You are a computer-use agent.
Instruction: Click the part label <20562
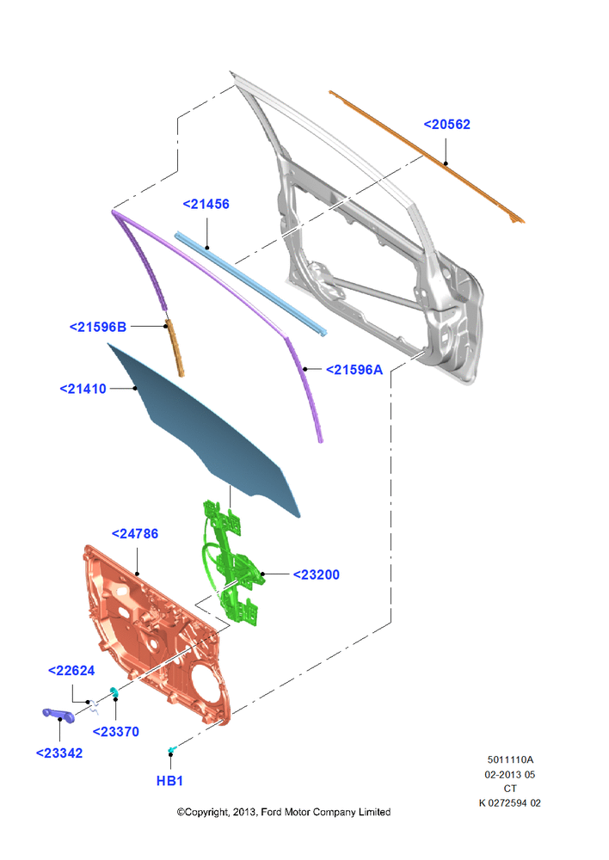click(x=446, y=125)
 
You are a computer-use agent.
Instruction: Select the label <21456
click(x=206, y=204)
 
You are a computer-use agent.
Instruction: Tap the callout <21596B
click(x=98, y=327)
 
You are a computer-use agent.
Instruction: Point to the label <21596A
click(x=354, y=370)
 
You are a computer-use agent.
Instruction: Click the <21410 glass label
click(x=83, y=389)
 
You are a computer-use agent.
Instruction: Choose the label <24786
click(x=135, y=534)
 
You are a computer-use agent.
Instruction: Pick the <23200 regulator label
click(x=316, y=574)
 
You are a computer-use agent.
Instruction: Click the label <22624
click(x=71, y=671)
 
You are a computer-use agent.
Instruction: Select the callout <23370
click(x=116, y=732)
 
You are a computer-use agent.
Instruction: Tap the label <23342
click(x=59, y=753)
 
